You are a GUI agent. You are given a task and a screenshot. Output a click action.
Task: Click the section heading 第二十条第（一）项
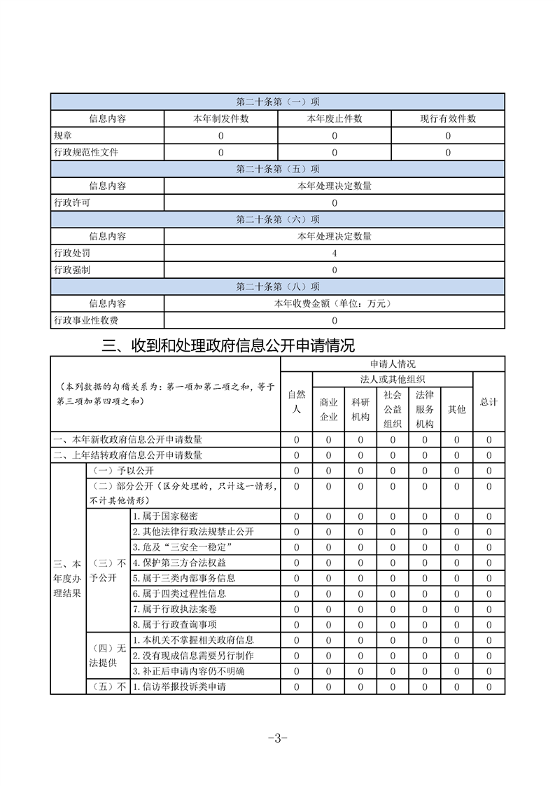(x=278, y=102)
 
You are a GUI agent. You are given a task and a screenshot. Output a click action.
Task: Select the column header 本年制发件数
(x=221, y=119)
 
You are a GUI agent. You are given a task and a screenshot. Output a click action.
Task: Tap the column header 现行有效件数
(x=448, y=119)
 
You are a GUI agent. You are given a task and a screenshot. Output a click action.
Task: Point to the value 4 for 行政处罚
(x=335, y=253)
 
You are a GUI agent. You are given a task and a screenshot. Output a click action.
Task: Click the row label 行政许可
(x=72, y=203)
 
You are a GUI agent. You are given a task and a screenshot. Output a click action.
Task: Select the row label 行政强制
(x=72, y=270)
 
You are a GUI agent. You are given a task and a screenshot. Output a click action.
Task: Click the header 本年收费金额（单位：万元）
(x=335, y=303)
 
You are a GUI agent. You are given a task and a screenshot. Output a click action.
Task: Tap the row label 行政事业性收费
(x=86, y=320)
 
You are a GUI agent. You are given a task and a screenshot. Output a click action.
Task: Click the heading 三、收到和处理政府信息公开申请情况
(x=229, y=345)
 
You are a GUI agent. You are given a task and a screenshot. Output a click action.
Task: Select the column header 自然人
(x=297, y=401)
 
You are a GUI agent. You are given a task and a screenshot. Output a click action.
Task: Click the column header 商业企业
(x=329, y=410)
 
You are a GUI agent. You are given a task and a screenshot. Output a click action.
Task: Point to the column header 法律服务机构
(x=425, y=410)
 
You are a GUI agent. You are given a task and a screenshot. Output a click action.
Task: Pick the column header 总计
(x=489, y=402)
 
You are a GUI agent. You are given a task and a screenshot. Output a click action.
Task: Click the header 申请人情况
(x=393, y=364)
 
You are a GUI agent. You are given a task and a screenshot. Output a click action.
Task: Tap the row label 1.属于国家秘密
(x=164, y=516)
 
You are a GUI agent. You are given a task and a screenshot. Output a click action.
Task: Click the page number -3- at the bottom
(x=278, y=738)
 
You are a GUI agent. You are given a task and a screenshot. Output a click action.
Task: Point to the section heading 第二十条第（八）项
(x=278, y=287)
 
